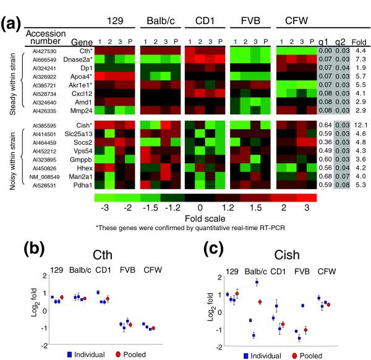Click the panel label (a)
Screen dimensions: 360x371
tap(14, 25)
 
